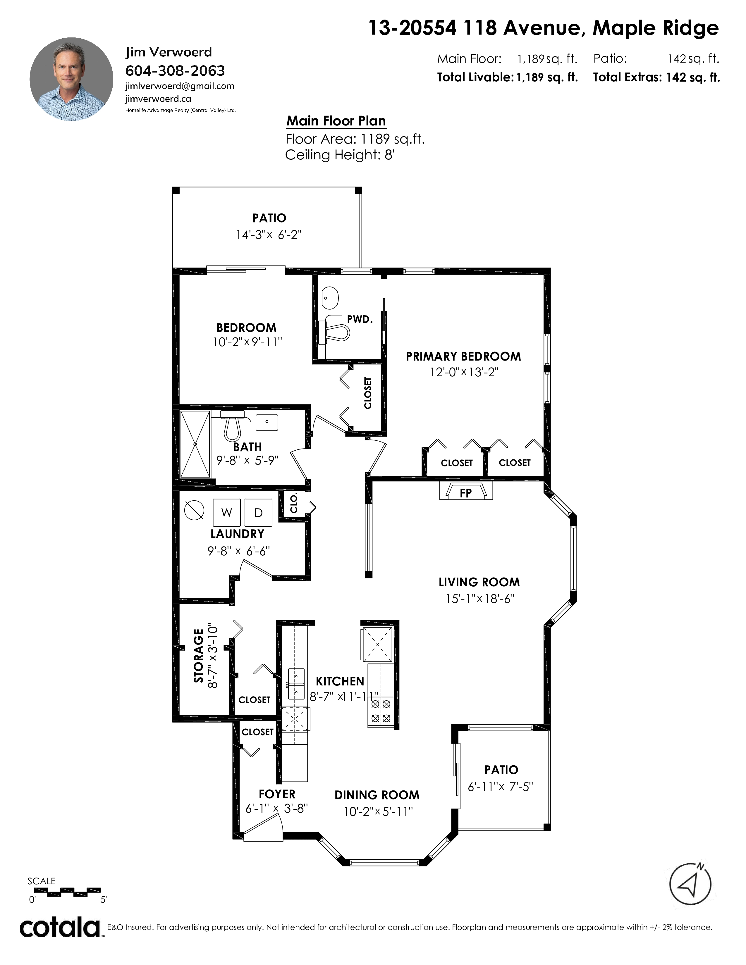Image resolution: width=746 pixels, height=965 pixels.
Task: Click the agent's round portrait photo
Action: pyautogui.click(x=71, y=79)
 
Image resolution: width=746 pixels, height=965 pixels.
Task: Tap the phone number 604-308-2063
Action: pyautogui.click(x=176, y=71)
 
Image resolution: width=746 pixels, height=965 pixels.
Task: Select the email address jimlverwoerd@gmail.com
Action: pyautogui.click(x=180, y=86)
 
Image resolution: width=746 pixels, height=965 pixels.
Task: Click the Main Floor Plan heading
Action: pyautogui.click(x=336, y=120)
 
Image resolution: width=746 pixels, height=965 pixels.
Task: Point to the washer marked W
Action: pyautogui.click(x=227, y=513)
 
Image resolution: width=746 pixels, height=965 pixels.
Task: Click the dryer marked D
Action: pyautogui.click(x=259, y=513)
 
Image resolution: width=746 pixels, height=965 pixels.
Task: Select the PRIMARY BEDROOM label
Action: pyautogui.click(x=463, y=356)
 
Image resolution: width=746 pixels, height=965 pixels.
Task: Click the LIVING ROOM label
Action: pyautogui.click(x=479, y=582)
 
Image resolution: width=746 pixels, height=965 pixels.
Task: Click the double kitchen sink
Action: pyautogui.click(x=296, y=684)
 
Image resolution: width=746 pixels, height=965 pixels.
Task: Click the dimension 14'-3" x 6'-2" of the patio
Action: pyautogui.click(x=269, y=235)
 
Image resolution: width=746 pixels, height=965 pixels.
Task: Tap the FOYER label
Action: pyautogui.click(x=277, y=794)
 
